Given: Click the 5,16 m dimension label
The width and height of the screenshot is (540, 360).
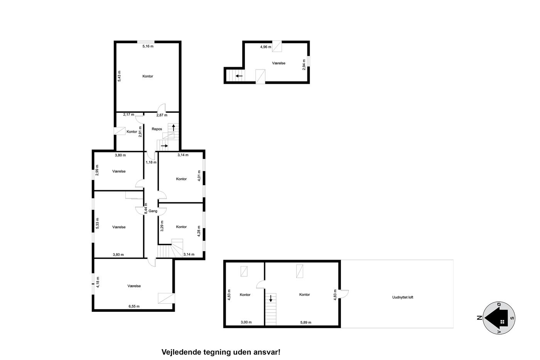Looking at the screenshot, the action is [x=148, y=46].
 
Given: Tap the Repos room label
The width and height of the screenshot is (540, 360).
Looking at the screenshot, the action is [x=157, y=129].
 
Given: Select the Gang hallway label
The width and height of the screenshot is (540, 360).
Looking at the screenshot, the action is [x=153, y=211].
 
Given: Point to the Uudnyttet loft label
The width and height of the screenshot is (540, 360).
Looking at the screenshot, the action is [x=403, y=297].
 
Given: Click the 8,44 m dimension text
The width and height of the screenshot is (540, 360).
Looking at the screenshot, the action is [x=146, y=209].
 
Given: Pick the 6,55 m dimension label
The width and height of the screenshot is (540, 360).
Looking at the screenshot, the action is [x=134, y=306].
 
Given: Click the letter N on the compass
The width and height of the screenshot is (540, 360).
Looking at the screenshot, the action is [x=479, y=318].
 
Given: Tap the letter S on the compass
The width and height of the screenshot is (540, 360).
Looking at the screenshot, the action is [x=513, y=318].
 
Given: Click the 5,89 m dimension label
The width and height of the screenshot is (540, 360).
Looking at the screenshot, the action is [x=305, y=323].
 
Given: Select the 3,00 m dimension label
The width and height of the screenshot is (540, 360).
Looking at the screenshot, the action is [x=246, y=322].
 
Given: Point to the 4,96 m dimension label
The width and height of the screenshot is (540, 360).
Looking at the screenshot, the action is [x=266, y=47].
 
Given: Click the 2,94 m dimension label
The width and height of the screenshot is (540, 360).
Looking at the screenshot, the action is [x=304, y=65].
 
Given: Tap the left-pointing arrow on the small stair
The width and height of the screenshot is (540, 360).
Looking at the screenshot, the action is [x=239, y=76].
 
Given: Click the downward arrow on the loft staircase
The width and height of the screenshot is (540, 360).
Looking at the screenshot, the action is [x=271, y=298].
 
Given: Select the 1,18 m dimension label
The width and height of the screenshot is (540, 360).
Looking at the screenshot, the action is [x=151, y=162].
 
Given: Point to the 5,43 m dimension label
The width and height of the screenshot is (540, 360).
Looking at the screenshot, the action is [x=119, y=76].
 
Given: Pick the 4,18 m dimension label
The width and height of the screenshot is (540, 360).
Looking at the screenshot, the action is [x=98, y=282].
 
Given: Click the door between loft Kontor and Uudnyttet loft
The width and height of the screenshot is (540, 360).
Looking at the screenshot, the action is [x=343, y=294].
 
